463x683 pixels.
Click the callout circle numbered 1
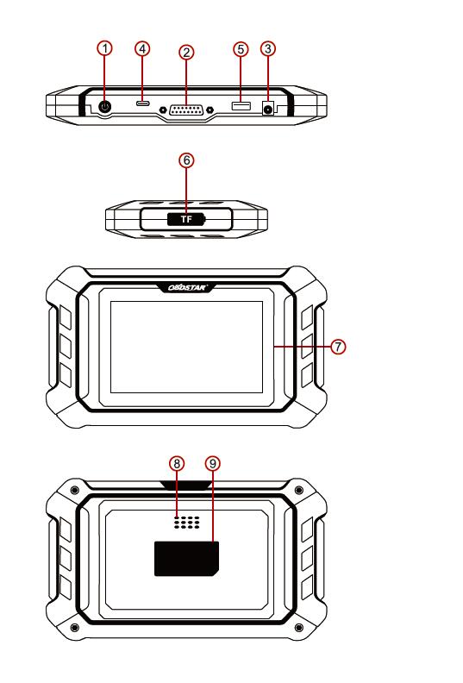tap(104, 48)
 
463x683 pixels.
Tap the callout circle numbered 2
tap(186, 53)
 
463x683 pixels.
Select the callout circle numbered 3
tap(268, 48)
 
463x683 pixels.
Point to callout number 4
tap(142, 48)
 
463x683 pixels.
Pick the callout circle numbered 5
tap(241, 49)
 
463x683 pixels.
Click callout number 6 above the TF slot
tap(186, 160)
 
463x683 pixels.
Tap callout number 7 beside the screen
tap(338, 347)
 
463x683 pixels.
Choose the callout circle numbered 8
tap(177, 463)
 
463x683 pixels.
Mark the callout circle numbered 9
tap(213, 463)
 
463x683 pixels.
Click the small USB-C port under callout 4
tap(142, 104)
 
